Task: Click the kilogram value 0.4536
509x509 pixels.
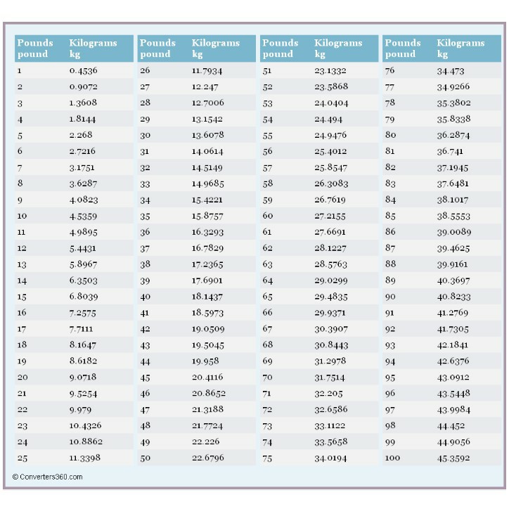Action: (x=83, y=70)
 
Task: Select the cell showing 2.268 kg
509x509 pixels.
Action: (x=81, y=135)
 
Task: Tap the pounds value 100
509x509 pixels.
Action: (x=392, y=458)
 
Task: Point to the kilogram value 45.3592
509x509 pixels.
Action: (x=453, y=458)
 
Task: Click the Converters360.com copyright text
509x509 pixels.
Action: (x=47, y=477)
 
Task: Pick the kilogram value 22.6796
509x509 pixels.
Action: (x=208, y=458)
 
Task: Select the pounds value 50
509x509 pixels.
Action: (x=145, y=458)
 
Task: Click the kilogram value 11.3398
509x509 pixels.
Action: (x=85, y=458)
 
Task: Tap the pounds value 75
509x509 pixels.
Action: (x=267, y=458)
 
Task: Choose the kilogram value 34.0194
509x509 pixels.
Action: (x=330, y=458)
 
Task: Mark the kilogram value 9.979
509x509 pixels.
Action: (x=80, y=410)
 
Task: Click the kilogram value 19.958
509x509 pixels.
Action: (x=205, y=361)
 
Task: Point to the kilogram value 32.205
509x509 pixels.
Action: (x=328, y=394)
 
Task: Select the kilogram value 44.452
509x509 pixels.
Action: (x=451, y=426)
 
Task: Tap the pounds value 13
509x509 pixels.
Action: (x=22, y=264)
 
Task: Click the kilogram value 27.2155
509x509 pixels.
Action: (x=330, y=216)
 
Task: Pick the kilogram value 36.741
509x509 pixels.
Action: (x=450, y=151)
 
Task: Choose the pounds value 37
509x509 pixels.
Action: (x=145, y=249)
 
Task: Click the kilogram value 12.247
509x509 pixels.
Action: (x=205, y=87)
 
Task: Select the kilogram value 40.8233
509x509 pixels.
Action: (x=453, y=297)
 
